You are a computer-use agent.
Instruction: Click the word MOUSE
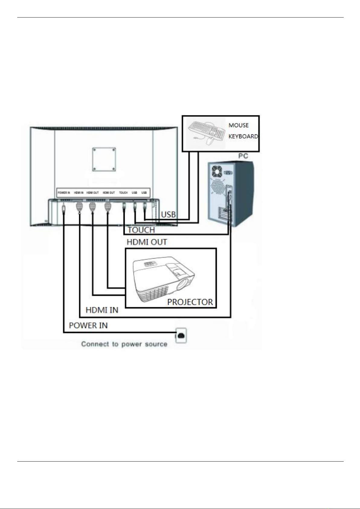coord(238,125)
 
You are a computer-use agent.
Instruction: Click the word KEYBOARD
coord(243,136)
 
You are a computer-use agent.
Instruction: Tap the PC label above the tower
coord(243,156)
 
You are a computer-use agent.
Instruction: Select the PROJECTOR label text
coord(190,302)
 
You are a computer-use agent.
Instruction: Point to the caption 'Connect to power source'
coord(124,344)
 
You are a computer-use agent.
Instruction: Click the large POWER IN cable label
coord(88,325)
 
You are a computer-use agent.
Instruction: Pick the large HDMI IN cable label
coord(102,310)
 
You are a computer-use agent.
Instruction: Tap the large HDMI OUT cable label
coord(146,242)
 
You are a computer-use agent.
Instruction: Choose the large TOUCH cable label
coord(141,230)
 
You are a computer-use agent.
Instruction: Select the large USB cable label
coord(168,214)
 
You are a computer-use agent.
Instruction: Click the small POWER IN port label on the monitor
coord(64,192)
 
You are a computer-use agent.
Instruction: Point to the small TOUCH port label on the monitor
coord(123,192)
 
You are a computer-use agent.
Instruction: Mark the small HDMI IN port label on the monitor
coord(79,192)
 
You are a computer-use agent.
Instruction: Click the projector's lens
coord(184,284)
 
